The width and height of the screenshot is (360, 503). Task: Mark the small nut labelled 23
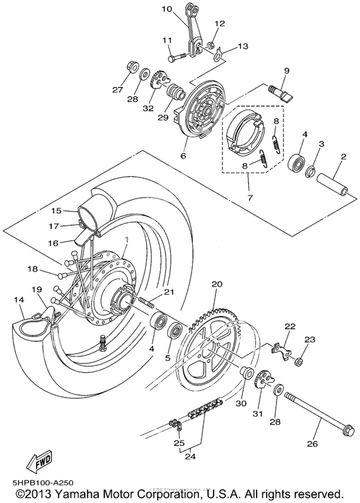(x=300, y=362)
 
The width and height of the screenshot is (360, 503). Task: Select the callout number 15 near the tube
(x=56, y=210)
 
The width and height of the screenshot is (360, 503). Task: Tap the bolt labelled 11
(x=177, y=57)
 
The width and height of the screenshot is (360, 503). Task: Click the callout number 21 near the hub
(x=168, y=292)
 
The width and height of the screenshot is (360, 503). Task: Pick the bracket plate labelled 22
(x=282, y=349)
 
